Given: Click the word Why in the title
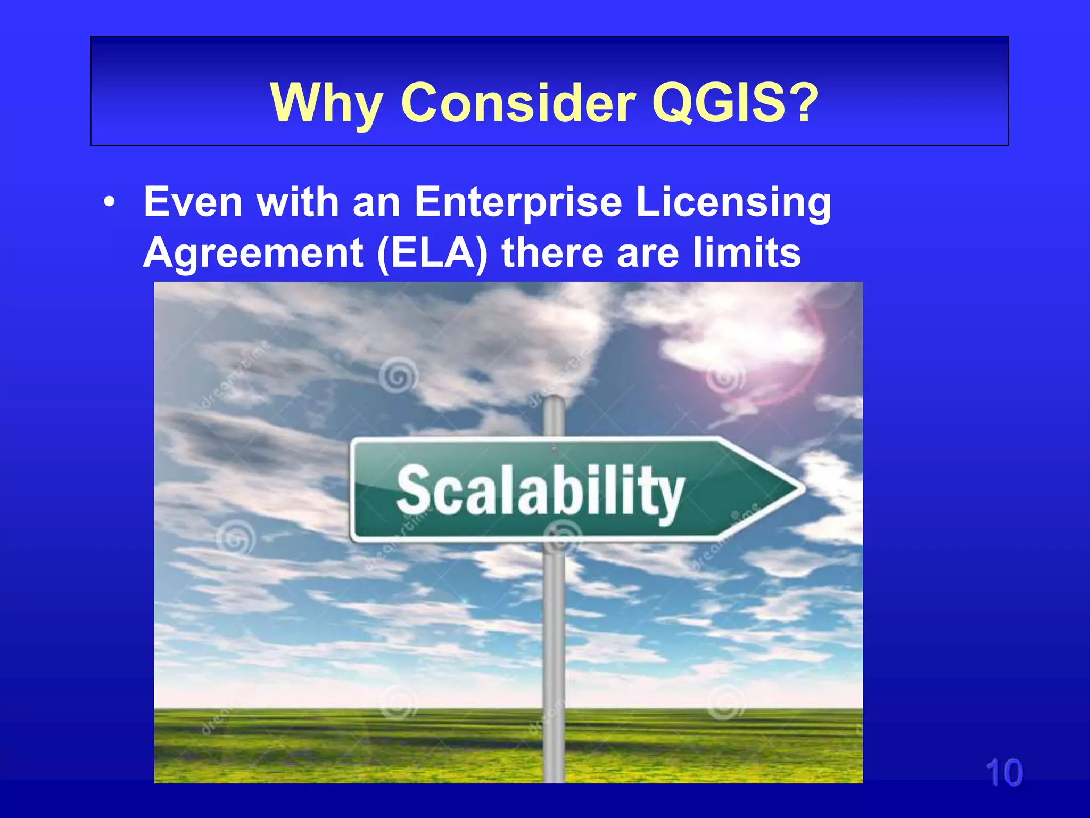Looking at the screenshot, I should [326, 103].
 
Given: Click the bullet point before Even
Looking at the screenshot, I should [109, 203].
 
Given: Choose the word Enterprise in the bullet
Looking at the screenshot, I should [518, 203].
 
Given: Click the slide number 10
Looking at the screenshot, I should [1004, 773].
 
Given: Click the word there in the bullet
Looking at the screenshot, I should [551, 253].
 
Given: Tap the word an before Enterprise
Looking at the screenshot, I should [376, 203].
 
